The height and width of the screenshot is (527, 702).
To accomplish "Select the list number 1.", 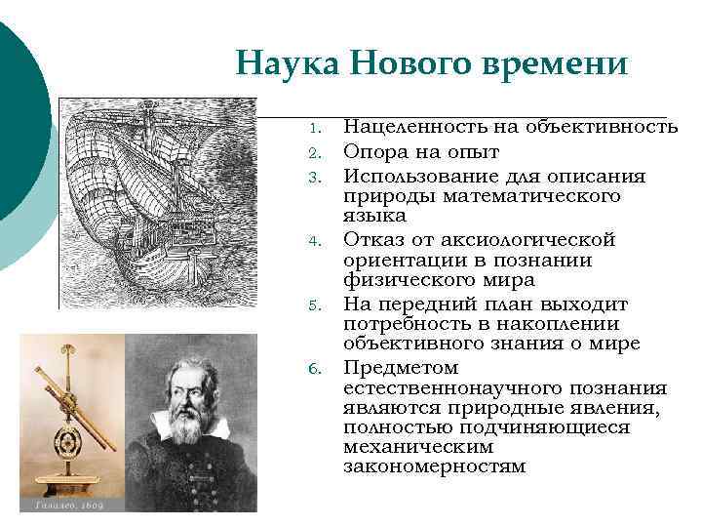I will pos(313,129).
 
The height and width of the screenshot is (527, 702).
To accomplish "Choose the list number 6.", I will pos(313,368).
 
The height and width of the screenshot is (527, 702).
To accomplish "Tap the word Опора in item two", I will pos(373,151).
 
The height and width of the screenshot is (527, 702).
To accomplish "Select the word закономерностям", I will pos(434,466).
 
